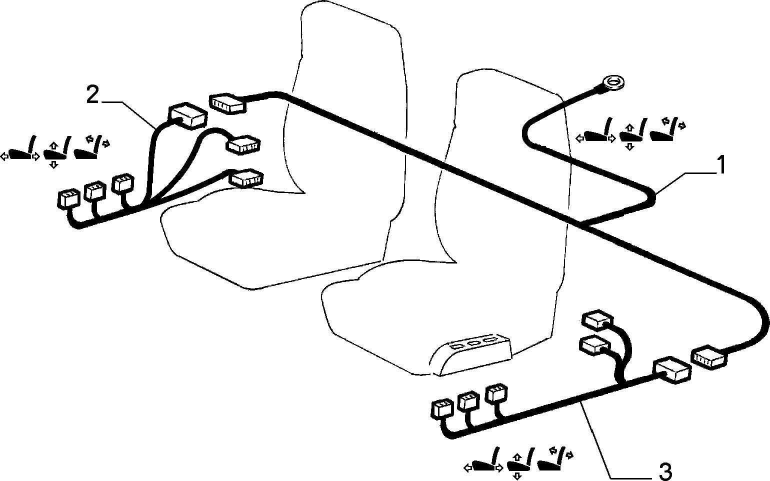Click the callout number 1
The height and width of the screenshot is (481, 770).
719,165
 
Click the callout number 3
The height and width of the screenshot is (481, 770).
664,471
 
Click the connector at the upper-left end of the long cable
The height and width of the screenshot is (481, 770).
227,103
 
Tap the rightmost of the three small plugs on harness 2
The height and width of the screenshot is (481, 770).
123,183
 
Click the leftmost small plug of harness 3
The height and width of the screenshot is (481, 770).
442,409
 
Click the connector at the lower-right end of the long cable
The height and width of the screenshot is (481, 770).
709,357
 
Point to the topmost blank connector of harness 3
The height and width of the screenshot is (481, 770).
597,319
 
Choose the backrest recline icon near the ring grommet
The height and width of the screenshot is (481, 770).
667,129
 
